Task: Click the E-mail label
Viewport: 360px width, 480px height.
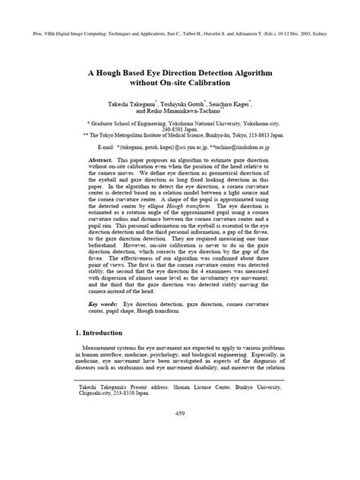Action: click(x=103, y=147)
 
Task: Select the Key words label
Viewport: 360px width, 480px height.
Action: click(x=104, y=303)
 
